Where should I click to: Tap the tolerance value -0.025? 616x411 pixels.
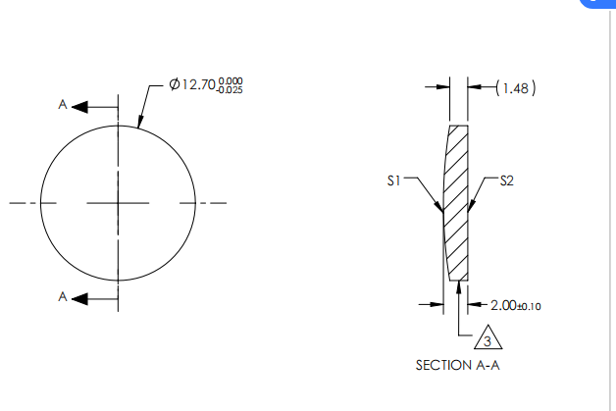tap(231, 91)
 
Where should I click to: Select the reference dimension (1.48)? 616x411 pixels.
tap(516, 87)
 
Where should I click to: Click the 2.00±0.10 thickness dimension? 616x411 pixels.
tap(515, 305)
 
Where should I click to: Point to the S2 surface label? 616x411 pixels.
tap(507, 180)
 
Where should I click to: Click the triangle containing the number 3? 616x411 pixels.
tap(488, 339)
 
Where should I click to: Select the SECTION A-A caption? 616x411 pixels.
tap(459, 365)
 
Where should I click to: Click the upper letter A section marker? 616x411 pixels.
tap(63, 104)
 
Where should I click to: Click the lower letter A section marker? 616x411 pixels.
tap(63, 296)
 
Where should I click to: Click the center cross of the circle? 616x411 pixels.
tap(118, 204)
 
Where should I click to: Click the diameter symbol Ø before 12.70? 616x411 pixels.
tap(174, 86)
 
